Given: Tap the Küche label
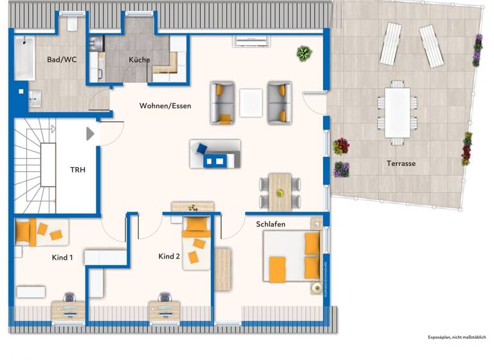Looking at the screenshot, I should pyautogui.click(x=139, y=60).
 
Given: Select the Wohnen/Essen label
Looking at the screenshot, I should pyautogui.click(x=165, y=105).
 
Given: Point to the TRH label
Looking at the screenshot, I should pyautogui.click(x=78, y=170).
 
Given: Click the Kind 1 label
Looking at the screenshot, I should pyautogui.click(x=62, y=258).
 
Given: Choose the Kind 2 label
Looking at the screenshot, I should pyautogui.click(x=169, y=256).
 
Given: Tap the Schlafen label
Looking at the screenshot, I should pyautogui.click(x=271, y=224).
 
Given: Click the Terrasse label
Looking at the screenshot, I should pyautogui.click(x=401, y=163).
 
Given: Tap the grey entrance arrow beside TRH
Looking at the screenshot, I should pyautogui.click(x=90, y=133).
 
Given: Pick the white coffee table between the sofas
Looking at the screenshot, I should pyautogui.click(x=251, y=103).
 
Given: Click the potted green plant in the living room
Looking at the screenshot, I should pyautogui.click(x=304, y=53).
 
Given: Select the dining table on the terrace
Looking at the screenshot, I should pyautogui.click(x=397, y=111).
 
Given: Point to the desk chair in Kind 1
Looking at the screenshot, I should pyautogui.click(x=68, y=298).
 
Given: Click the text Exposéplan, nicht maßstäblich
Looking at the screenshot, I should pyautogui.click(x=457, y=337).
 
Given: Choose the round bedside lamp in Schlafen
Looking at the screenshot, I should pyautogui.click(x=315, y=287).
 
